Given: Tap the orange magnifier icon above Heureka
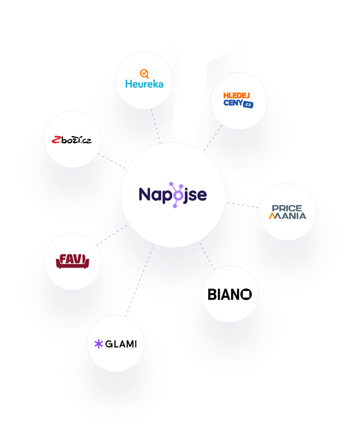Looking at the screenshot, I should pos(144,74).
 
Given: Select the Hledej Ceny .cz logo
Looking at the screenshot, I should pos(238,100).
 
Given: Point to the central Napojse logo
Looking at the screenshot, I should pos(173,195).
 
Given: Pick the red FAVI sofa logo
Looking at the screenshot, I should pos(72,261).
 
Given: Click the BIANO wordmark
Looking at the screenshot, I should pos(229,294).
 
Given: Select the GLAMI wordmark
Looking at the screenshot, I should pos(121,344).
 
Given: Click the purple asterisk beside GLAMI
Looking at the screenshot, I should pos(98,344).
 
